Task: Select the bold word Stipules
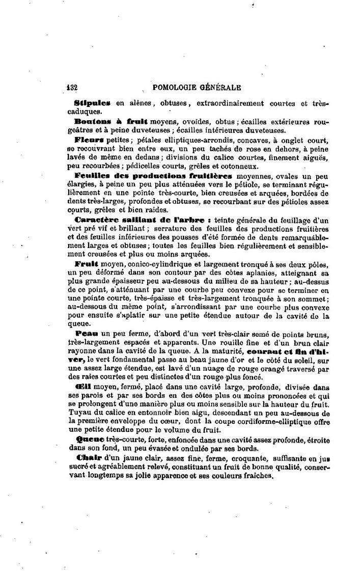click(x=92, y=103)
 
